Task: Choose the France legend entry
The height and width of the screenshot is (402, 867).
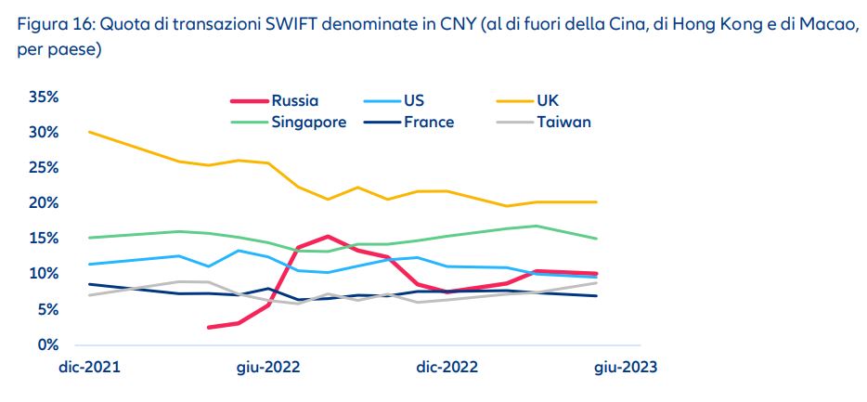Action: click(428, 122)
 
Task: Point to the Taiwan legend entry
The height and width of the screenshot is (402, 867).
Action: click(563, 122)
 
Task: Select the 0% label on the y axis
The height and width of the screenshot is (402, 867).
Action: click(48, 344)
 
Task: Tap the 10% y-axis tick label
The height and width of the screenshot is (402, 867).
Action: click(44, 274)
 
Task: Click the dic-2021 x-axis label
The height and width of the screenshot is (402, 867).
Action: click(90, 367)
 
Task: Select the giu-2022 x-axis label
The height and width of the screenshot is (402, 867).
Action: click(269, 367)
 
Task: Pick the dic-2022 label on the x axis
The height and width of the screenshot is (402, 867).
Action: click(447, 367)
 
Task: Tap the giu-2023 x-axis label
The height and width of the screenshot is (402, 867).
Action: click(626, 367)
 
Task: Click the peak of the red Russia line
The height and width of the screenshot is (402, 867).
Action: click(328, 237)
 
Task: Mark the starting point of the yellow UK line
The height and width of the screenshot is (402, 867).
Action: click(89, 132)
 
